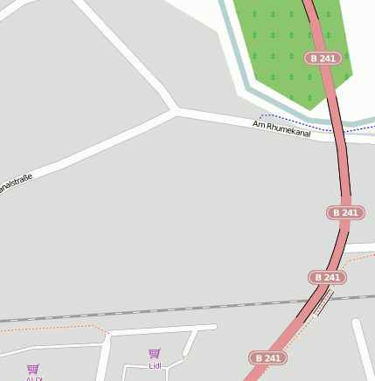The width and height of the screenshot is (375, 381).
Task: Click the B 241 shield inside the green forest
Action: [x=323, y=59]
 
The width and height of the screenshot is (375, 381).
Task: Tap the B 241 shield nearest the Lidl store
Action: [x=268, y=358]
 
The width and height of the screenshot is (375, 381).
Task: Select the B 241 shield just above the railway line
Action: [x=328, y=278]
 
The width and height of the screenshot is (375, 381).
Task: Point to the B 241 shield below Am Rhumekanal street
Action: [x=345, y=212]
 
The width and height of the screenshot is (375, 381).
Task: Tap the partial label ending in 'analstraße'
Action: [x=15, y=184]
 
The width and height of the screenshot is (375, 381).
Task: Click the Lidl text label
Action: [x=155, y=365]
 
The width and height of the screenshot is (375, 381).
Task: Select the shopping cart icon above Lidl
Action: [x=155, y=353]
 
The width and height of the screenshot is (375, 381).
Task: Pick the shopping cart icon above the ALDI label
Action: [x=33, y=369]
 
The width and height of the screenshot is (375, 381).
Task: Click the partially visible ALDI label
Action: [x=33, y=378]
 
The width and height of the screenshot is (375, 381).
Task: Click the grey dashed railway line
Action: [x=131, y=314]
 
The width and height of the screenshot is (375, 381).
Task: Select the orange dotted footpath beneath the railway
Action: [x=52, y=329]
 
